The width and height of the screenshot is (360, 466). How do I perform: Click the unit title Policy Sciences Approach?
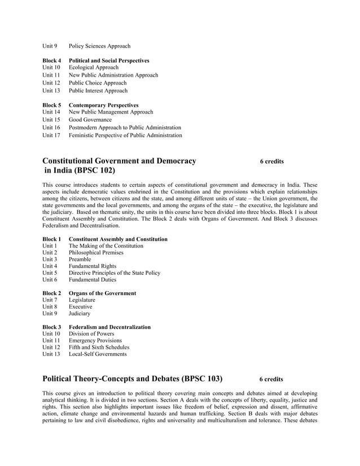click(x=99, y=46)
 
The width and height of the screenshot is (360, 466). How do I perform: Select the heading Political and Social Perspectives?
click(x=109, y=60)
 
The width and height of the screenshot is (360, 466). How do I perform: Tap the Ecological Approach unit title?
click(x=94, y=68)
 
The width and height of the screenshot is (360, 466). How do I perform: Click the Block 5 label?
click(x=51, y=105)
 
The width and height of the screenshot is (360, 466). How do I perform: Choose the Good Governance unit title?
click(x=90, y=120)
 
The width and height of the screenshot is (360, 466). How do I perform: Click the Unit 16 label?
click(x=51, y=128)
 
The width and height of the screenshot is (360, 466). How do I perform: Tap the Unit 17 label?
click(x=51, y=135)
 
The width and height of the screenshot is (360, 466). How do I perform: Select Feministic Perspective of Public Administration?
click(x=125, y=135)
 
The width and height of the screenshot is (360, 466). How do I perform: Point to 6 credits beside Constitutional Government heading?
click(x=271, y=162)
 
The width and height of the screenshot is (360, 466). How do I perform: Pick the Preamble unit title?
click(x=82, y=259)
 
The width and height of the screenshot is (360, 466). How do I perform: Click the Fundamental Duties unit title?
click(x=93, y=279)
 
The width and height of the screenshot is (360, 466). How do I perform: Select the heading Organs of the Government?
click(x=102, y=293)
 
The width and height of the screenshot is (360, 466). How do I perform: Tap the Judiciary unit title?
click(x=80, y=314)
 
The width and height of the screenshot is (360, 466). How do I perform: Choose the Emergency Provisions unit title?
click(x=95, y=341)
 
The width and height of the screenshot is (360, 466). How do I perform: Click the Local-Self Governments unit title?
click(x=98, y=354)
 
